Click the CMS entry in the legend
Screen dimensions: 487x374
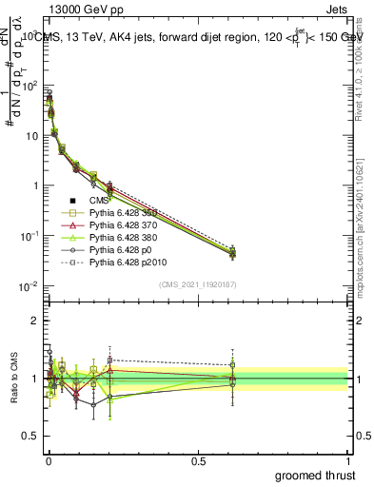tap(99, 201)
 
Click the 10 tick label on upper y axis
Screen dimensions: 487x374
tap(30, 135)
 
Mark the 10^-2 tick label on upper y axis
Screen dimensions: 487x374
tap(29, 286)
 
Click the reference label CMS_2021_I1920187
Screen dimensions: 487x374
tap(197, 284)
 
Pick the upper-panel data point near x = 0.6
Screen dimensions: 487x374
tap(232, 252)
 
